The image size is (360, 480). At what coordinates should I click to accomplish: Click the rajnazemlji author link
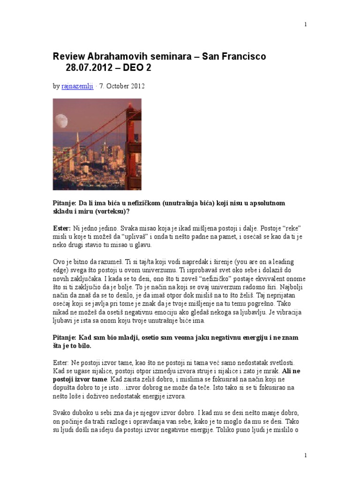pos(77,86)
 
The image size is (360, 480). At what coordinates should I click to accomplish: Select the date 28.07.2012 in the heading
pos(90,68)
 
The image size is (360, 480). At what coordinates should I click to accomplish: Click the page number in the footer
pos(306,455)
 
